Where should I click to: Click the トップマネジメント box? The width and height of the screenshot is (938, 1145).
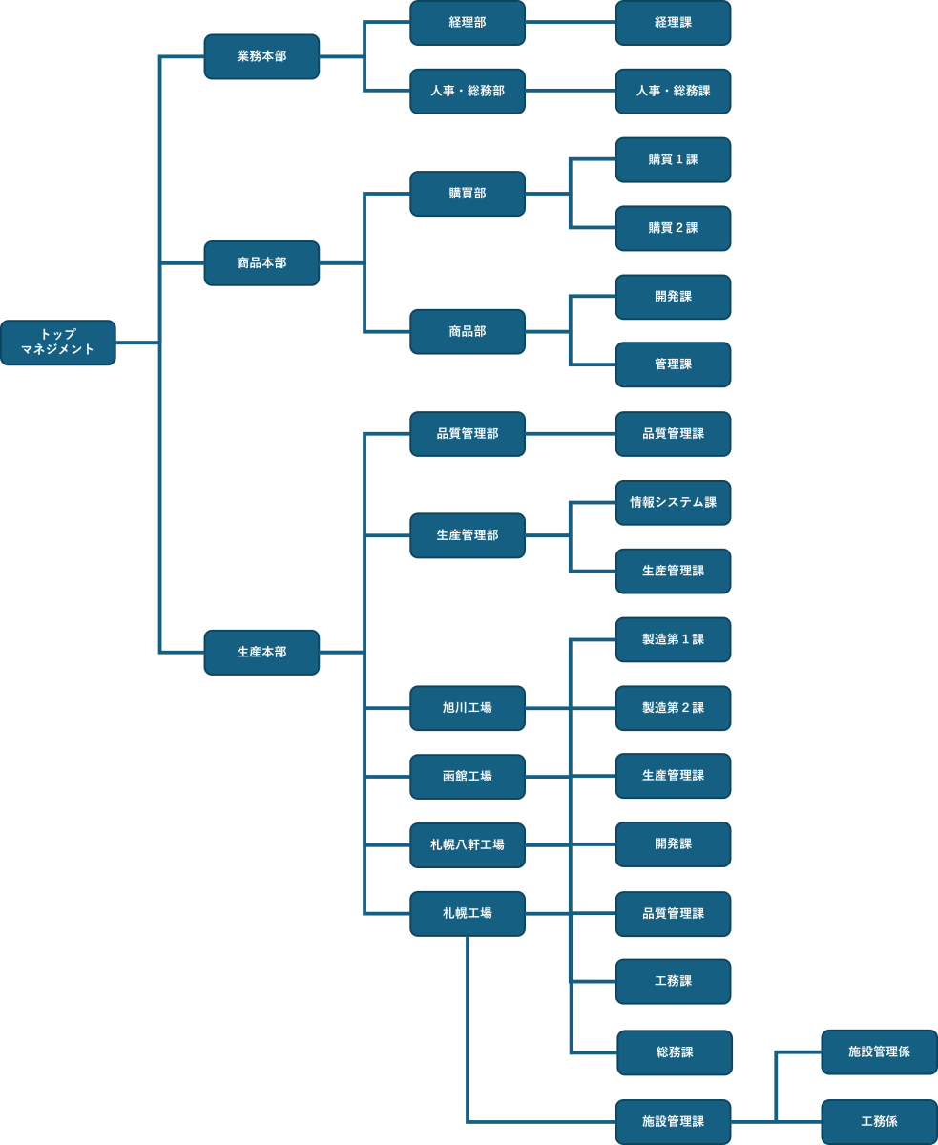coord(58,343)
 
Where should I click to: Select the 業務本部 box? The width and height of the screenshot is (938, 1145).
coord(261,56)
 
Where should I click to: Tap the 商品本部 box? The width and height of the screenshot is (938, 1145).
coord(261,262)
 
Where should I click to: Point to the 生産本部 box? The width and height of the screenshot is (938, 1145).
coord(261,652)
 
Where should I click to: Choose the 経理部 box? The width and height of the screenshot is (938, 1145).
coord(468,22)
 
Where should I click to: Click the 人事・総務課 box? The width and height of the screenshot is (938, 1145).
coord(673,91)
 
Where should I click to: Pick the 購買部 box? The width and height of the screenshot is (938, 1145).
coord(468,194)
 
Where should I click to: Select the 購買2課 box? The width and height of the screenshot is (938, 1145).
coord(673,228)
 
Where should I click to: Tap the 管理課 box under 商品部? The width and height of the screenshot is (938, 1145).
coord(673,364)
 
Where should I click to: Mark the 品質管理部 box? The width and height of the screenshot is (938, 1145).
coord(468,434)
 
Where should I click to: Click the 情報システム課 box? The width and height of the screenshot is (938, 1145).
coord(673,502)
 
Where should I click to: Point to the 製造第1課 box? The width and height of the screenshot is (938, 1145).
coord(673,639)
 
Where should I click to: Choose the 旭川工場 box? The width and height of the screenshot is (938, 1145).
coord(468,708)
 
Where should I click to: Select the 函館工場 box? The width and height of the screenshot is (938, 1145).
coord(468,777)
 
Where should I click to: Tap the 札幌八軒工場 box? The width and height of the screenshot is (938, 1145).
coord(468,845)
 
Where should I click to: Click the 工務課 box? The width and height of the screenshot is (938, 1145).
coord(673,981)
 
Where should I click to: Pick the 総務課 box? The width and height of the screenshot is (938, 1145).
coord(675,1052)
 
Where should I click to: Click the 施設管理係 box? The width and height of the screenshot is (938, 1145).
coord(879,1051)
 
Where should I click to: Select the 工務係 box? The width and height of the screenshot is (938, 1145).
coord(879,1121)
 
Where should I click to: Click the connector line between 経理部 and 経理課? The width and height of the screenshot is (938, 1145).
coord(570,22)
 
